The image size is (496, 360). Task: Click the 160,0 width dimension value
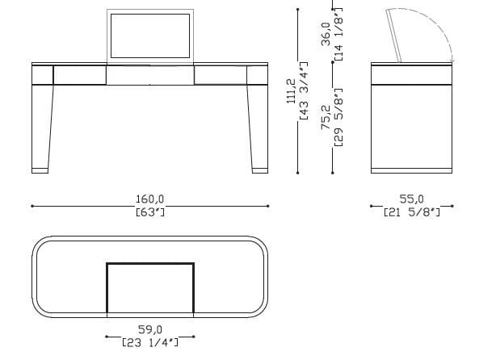[x=150, y=199]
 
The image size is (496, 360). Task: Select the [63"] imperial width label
[x=150, y=213]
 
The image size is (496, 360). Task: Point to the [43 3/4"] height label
[x=303, y=90]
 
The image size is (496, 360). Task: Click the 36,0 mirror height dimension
[x=326, y=35]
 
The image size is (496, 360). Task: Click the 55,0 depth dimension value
[x=412, y=199]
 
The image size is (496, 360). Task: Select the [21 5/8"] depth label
[x=412, y=213]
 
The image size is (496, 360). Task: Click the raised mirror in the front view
[x=150, y=37]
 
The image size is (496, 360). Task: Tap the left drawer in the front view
[x=78, y=75]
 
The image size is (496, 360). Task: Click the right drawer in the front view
[x=221, y=75]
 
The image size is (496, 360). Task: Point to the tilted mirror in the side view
[x=396, y=36]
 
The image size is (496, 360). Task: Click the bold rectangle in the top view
[x=150, y=287]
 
